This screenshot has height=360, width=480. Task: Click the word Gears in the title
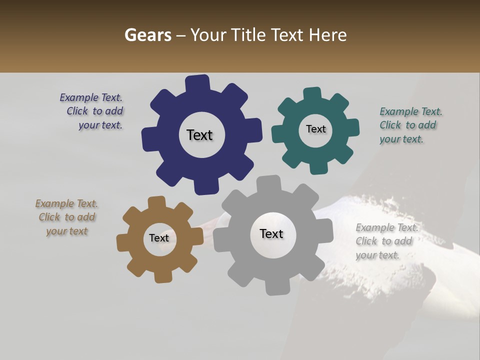point(147,35)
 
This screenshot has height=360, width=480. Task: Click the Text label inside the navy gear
point(199,135)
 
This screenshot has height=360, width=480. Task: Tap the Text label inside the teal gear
point(315,129)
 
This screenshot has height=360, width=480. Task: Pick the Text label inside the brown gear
point(159,238)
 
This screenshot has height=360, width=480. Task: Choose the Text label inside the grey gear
point(271,233)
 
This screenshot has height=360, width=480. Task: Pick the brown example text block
point(66,217)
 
